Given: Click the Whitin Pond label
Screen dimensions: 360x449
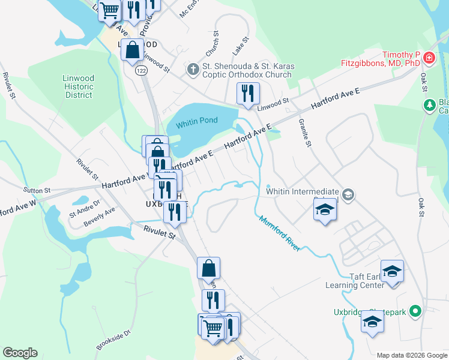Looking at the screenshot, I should (196, 124).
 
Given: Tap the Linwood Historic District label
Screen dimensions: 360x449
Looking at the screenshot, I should (79, 86).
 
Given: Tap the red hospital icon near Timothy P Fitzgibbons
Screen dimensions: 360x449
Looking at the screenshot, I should (429, 58).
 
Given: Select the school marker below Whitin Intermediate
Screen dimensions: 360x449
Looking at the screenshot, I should (325, 211).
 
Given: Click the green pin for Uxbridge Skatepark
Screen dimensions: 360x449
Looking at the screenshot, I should (413, 312).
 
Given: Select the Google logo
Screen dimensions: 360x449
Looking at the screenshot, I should (20, 353).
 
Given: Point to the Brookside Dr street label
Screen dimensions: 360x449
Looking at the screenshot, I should (113, 340).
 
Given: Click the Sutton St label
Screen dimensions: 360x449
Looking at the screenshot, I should (37, 190).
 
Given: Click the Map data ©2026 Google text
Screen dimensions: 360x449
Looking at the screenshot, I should (411, 355).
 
